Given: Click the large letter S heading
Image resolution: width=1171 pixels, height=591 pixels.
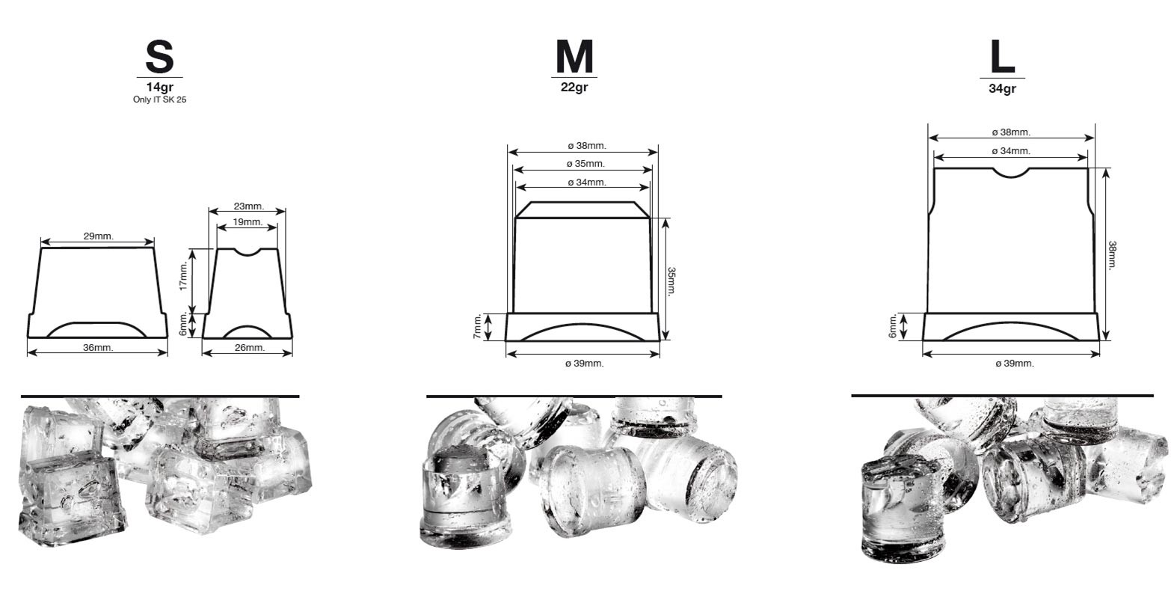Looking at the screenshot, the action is tap(159, 57).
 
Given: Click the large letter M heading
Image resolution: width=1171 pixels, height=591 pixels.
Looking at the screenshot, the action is tap(574, 57).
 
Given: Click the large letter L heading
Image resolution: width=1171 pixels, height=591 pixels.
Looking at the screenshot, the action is tap(1002, 57).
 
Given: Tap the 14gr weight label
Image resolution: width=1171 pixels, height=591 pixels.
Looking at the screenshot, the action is tap(159, 87).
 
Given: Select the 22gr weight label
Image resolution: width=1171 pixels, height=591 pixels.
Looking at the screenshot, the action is tap(574, 87).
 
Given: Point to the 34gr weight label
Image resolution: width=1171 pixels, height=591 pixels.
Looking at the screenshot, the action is tap(1002, 88).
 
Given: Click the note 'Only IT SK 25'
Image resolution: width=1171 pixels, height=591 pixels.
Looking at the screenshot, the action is tap(159, 99).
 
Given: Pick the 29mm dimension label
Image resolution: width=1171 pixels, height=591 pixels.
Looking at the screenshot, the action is tap(98, 236).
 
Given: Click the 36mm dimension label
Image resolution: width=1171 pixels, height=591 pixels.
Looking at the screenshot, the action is tap(98, 347).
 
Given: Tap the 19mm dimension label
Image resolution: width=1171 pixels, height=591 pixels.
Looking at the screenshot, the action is tap(248, 221).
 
